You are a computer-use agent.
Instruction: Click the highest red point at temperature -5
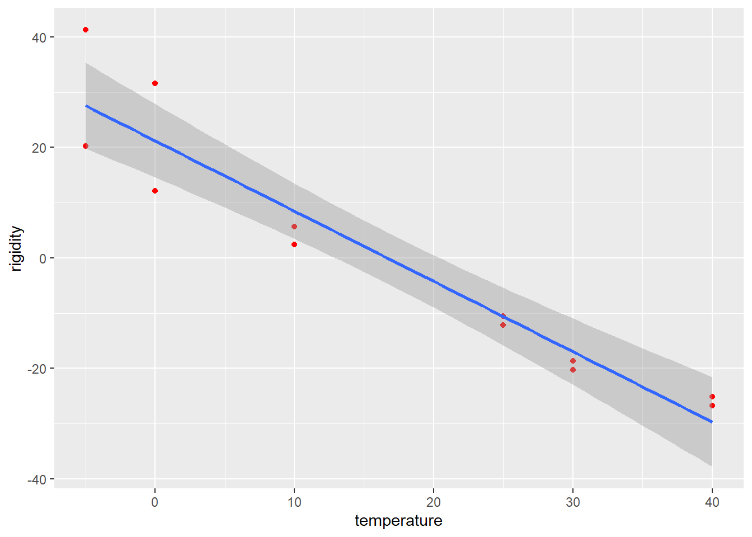point(86,30)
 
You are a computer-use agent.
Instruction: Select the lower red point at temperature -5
point(86,146)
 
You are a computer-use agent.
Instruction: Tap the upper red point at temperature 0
point(155,83)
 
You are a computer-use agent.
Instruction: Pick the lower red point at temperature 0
point(155,191)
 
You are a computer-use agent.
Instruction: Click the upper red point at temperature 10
point(294,227)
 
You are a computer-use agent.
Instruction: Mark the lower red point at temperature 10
point(294,244)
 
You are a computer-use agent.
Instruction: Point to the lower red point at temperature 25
point(503,325)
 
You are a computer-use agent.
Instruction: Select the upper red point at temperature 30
point(573,361)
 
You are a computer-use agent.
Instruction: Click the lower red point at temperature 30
point(573,370)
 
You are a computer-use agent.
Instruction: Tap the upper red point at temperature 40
point(712,397)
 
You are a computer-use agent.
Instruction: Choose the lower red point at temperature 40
point(712,406)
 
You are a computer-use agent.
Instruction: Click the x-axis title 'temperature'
point(398,521)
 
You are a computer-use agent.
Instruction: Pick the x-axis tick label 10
point(294,502)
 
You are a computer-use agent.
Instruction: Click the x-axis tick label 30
point(573,502)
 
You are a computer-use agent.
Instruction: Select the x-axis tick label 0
point(155,502)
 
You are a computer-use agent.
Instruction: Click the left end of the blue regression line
point(86,105)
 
